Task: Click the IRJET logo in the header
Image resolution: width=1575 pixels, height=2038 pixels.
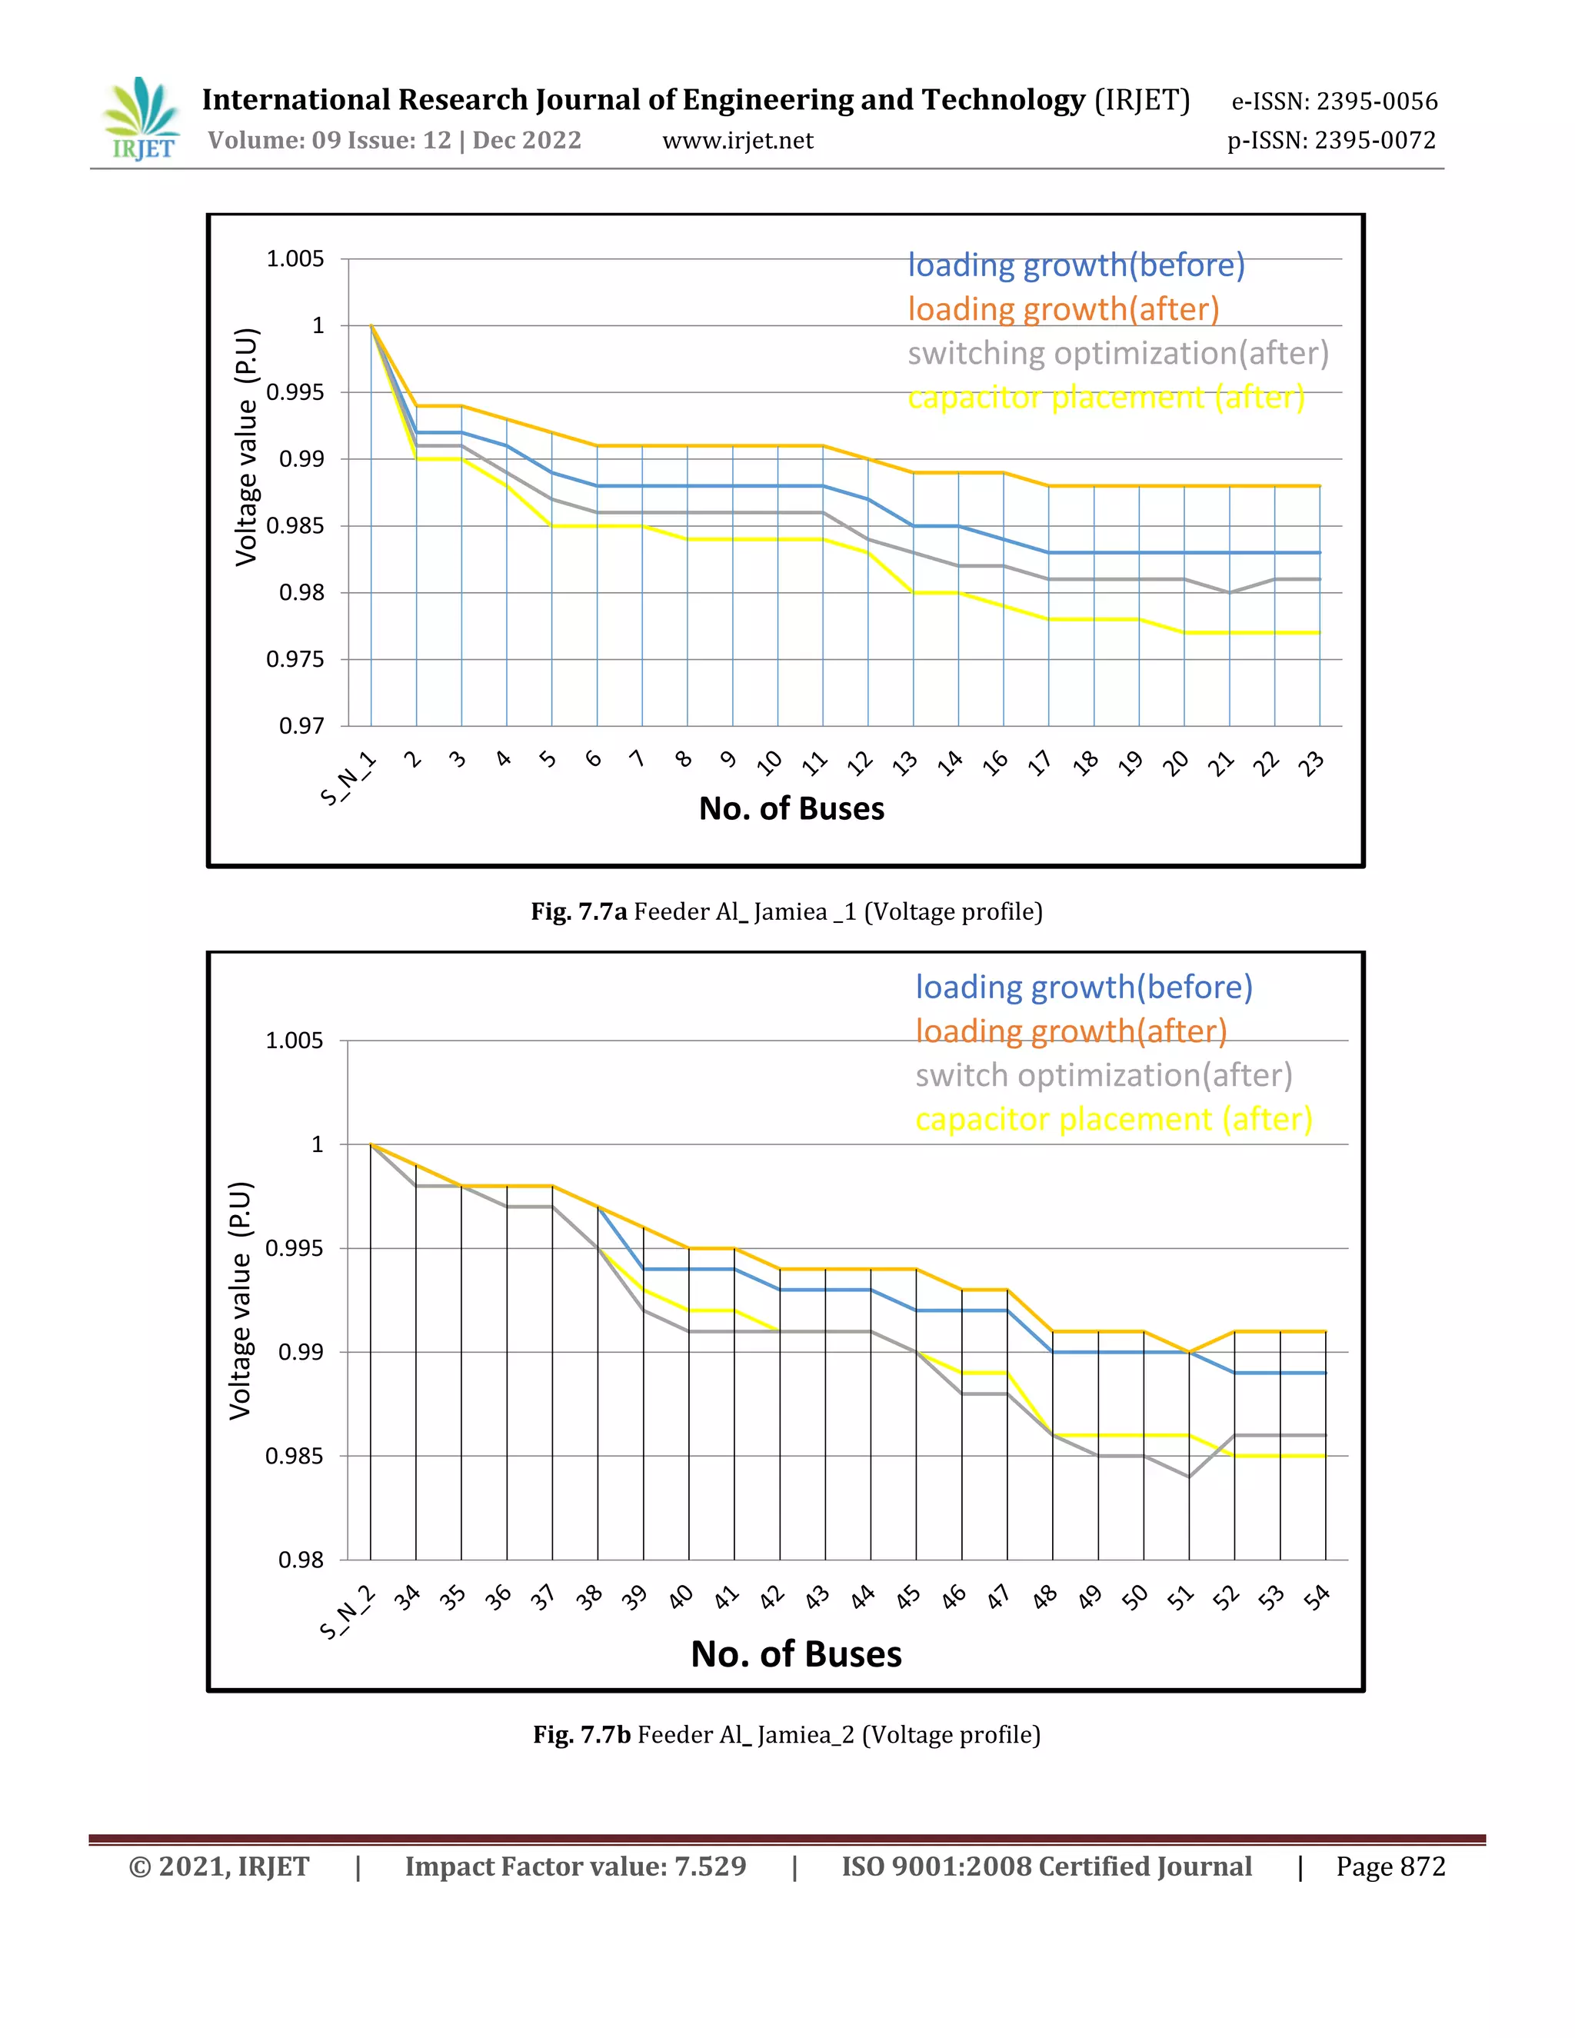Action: click(x=142, y=119)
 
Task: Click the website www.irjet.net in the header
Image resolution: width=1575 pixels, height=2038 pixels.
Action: click(x=737, y=141)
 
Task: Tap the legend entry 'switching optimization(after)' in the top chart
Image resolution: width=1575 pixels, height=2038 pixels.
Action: click(x=1117, y=354)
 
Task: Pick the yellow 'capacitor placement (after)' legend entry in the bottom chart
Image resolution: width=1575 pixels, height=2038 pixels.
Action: click(x=1113, y=1119)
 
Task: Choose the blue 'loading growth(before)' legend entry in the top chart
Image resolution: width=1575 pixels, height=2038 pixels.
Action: click(x=1076, y=266)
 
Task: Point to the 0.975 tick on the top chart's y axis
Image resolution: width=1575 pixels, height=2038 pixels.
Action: click(x=295, y=660)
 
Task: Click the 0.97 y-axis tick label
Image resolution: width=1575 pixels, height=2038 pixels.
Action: click(x=301, y=726)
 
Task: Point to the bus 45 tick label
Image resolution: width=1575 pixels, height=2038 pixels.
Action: click(x=908, y=1597)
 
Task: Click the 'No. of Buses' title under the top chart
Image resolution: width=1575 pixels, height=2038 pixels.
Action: click(x=791, y=809)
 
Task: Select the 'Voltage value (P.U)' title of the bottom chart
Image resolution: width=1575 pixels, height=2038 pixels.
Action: click(x=241, y=1300)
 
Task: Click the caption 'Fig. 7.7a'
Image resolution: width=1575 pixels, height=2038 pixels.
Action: click(x=578, y=911)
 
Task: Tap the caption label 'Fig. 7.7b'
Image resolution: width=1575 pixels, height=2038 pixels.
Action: click(x=581, y=1735)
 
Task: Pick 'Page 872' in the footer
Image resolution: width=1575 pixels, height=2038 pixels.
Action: click(x=1390, y=1867)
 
